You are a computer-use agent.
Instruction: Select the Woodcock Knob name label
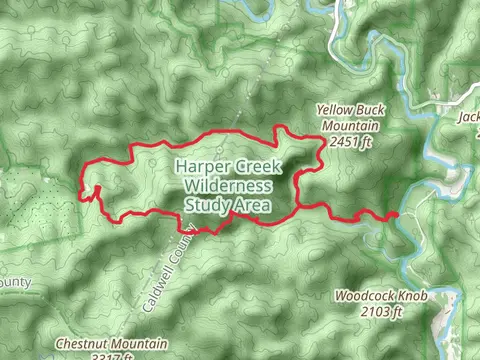point(369,297)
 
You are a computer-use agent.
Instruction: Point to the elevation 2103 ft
point(381,312)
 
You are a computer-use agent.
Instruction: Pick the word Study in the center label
point(205,205)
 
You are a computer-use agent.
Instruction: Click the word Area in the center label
point(250,205)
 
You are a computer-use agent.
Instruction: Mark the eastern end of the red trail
point(395,214)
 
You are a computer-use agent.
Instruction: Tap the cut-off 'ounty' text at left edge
point(15,282)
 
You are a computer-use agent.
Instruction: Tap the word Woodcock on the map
point(356,297)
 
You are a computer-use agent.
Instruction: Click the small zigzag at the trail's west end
point(94,193)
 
